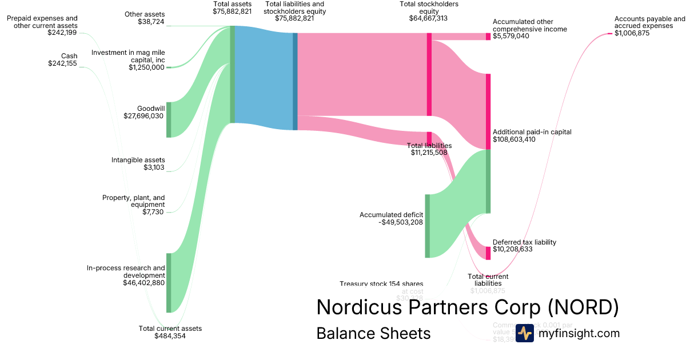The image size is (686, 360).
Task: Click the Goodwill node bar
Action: [169, 119]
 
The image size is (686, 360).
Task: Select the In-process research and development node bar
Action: [169, 283]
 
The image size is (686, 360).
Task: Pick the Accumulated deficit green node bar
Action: [427, 226]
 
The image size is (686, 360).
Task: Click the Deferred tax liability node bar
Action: [488, 253]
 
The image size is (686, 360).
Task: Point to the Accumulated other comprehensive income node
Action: [488, 37]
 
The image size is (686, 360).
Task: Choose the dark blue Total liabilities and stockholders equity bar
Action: [295, 81]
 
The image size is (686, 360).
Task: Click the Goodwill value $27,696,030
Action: [143, 116]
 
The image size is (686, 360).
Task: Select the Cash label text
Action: [69, 56]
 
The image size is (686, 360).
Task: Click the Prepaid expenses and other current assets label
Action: [42, 22]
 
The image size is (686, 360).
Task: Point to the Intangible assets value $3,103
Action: [154, 167]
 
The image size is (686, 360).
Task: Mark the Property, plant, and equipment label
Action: [134, 201]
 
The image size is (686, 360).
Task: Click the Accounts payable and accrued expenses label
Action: [649, 22]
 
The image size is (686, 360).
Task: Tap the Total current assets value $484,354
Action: [170, 336]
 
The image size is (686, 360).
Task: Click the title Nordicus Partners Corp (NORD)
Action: [467, 307]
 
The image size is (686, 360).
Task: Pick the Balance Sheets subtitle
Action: [373, 333]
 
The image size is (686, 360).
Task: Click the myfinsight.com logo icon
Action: [525, 333]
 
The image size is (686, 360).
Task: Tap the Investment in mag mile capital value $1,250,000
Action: [146, 67]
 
